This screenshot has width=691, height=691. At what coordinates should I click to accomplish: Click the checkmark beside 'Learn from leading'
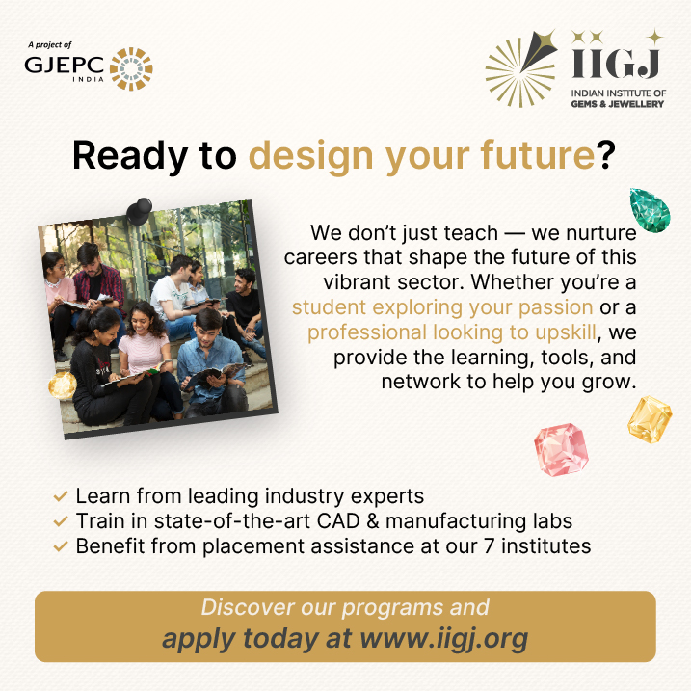coord(61,497)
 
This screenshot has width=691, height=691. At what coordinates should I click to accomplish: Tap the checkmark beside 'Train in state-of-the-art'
coord(61,522)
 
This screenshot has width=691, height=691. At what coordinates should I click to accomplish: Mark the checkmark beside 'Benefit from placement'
coord(61,546)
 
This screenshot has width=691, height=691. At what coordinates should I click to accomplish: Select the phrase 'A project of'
coord(50,44)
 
